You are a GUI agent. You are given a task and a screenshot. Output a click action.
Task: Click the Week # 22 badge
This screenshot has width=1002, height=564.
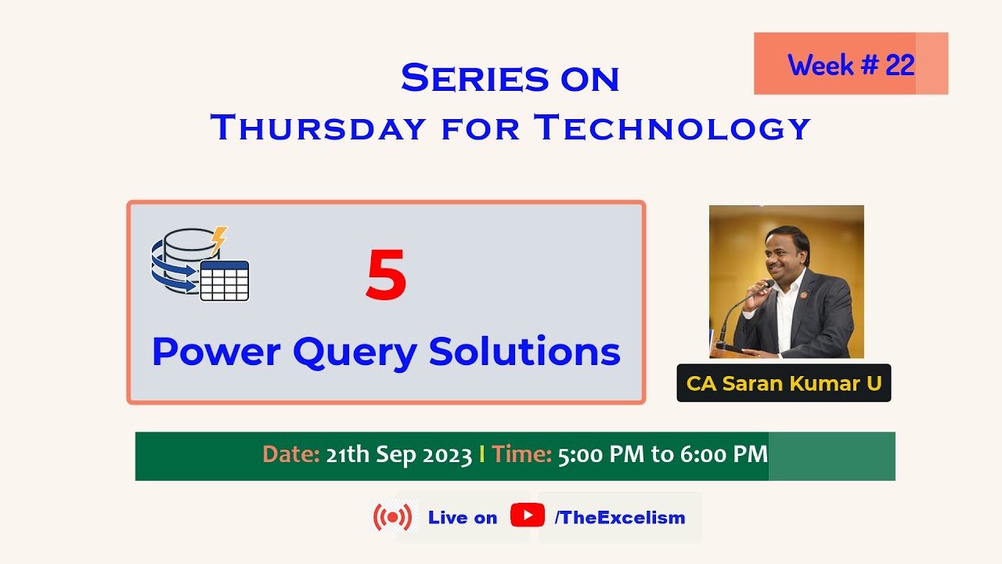point(851,64)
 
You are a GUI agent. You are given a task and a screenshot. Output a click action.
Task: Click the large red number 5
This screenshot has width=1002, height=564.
point(386,277)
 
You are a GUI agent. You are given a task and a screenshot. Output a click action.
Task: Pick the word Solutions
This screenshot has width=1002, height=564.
point(524,352)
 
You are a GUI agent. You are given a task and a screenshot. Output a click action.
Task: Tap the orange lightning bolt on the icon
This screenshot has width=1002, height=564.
point(219,238)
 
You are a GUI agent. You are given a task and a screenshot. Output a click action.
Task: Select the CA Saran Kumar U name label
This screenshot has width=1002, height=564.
point(784,384)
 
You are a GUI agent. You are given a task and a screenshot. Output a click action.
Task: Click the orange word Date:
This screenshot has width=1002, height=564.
point(290,455)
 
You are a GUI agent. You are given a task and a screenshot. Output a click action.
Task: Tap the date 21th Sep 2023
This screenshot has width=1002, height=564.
point(398,455)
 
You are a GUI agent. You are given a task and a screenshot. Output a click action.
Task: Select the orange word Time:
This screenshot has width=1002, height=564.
point(522,455)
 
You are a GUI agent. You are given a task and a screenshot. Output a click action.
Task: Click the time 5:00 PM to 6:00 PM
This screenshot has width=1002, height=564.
point(662,455)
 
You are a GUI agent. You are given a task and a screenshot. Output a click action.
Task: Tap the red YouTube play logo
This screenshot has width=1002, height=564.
point(527,515)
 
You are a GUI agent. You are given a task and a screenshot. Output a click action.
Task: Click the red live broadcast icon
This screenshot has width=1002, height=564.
point(392,517)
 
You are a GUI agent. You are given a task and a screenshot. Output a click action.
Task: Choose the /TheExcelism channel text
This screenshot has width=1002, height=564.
point(619,518)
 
